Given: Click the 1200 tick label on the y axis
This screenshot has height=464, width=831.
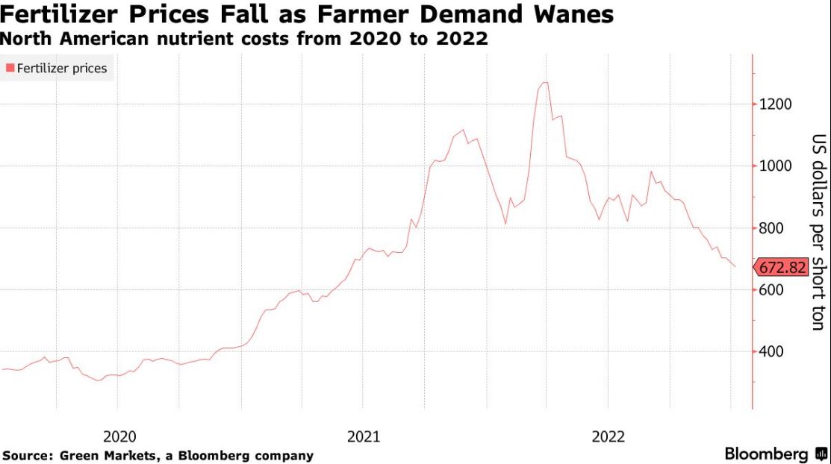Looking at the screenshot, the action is coord(775,104).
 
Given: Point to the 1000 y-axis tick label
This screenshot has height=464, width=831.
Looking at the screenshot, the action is coord(775,166).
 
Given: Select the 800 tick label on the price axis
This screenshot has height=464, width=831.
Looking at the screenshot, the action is coord(771,228).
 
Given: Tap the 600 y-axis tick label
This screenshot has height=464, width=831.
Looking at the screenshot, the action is coord(771,289).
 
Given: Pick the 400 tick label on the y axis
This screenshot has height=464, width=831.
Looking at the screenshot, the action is coord(771,351).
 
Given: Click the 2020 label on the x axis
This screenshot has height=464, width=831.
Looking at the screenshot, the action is coord(119,437).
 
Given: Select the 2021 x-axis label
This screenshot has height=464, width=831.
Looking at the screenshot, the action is coord(364,437).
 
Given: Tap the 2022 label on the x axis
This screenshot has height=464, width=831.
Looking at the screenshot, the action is coord(609,437).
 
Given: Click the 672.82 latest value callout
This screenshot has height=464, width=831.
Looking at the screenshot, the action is coord(781,268).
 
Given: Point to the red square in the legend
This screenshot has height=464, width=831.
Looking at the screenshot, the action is coord(10,68).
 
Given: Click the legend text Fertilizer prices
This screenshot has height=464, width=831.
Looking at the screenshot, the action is coord(61,69).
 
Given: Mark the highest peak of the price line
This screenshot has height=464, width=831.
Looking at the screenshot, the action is coord(544,83).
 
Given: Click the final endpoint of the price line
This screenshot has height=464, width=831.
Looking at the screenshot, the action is coord(735,266).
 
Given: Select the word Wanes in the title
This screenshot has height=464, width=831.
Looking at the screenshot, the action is coord(573,14).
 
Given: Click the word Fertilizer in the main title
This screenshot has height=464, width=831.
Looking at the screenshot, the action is coord(59,14).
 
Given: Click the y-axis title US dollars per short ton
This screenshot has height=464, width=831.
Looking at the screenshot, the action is coord(819,232).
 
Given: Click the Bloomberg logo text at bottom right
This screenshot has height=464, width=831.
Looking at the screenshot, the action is coord(766,454).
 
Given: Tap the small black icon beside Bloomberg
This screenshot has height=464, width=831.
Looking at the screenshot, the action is coord(821,454).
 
